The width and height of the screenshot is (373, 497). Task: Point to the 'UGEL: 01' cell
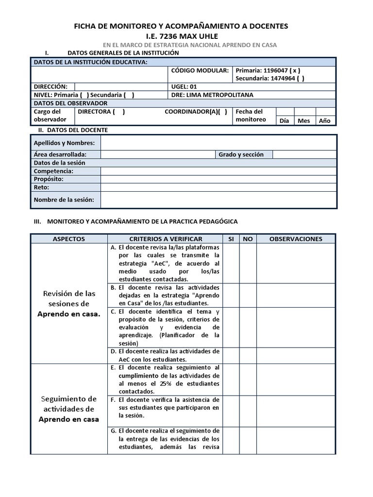point(184,86)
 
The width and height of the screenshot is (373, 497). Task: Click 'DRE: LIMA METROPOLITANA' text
point(212,95)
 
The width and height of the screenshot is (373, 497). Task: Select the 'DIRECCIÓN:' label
point(47,86)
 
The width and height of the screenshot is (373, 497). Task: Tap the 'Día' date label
point(285,121)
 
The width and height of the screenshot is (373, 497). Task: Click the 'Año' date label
point(324,121)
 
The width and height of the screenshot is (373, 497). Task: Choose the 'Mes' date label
point(304,121)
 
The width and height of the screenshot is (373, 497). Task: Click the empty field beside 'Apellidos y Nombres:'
point(218,143)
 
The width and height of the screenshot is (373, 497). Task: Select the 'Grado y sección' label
point(241,154)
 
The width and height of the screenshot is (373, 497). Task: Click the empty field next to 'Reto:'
point(218,187)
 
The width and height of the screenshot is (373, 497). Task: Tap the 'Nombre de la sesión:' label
point(64,199)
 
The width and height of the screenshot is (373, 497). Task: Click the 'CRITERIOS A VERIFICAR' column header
point(166,239)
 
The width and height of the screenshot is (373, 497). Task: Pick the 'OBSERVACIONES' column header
point(296,239)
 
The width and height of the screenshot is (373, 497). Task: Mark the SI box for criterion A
point(231,263)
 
